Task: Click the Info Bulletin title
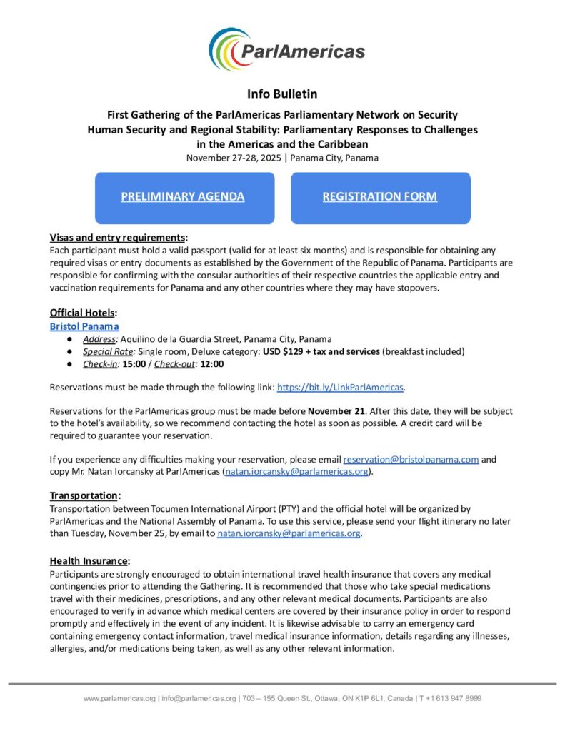tap(282, 94)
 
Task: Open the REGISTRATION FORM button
tap(380, 197)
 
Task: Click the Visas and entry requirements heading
tap(118, 238)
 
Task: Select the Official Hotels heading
tap(83, 313)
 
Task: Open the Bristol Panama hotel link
tap(84, 326)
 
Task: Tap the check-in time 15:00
tap(136, 363)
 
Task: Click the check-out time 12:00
tap(212, 363)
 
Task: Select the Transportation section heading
tap(84, 495)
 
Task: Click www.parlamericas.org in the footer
tap(119, 698)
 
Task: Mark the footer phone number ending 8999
tap(454, 698)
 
